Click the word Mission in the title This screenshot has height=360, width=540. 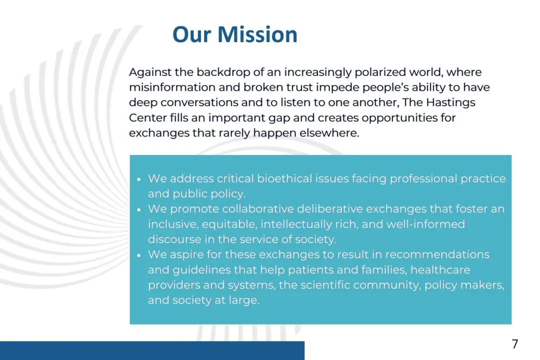(257, 34)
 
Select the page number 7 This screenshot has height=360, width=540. (515, 344)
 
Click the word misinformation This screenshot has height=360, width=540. (172, 87)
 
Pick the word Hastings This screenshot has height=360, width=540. (450, 103)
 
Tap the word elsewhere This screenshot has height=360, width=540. (329, 133)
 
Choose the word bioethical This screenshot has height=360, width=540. (284, 178)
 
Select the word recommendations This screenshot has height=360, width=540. (437, 254)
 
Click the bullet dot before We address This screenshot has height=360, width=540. (139, 179)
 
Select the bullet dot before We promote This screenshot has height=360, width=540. (139, 210)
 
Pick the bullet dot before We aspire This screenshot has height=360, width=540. (139, 255)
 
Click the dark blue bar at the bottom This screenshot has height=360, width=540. (152, 350)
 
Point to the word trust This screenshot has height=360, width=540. (299, 87)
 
